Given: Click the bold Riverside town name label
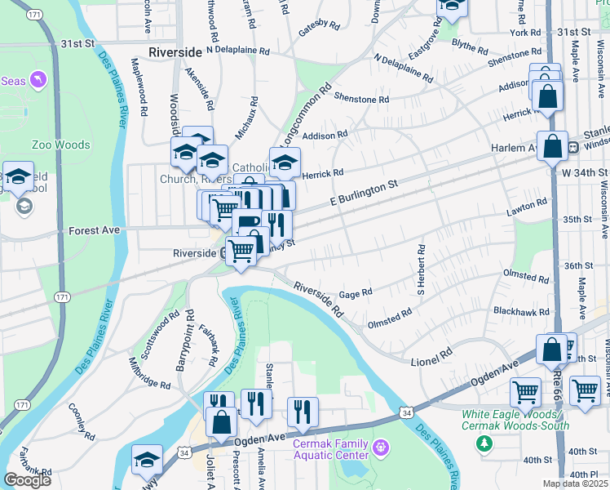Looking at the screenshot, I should [175, 51].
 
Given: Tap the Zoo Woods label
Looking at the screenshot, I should [60, 145].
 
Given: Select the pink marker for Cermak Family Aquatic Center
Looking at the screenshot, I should [380, 447].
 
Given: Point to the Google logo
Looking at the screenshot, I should [27, 479].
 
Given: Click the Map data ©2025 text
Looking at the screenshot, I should [573, 483].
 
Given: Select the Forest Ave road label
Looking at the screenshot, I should [94, 230].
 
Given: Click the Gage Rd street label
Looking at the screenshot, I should [356, 292].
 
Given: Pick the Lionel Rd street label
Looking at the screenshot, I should [435, 354].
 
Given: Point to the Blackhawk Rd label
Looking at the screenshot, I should [520, 312].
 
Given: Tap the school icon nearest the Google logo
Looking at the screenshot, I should [147, 461].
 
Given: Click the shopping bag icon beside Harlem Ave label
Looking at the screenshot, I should [552, 148].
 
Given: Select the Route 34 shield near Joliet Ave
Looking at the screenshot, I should [184, 452].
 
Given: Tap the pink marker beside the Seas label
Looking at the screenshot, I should [38, 80].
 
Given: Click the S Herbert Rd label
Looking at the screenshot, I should [422, 269].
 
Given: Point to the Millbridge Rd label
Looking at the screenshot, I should [149, 372].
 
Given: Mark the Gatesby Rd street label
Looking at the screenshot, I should [318, 25].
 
